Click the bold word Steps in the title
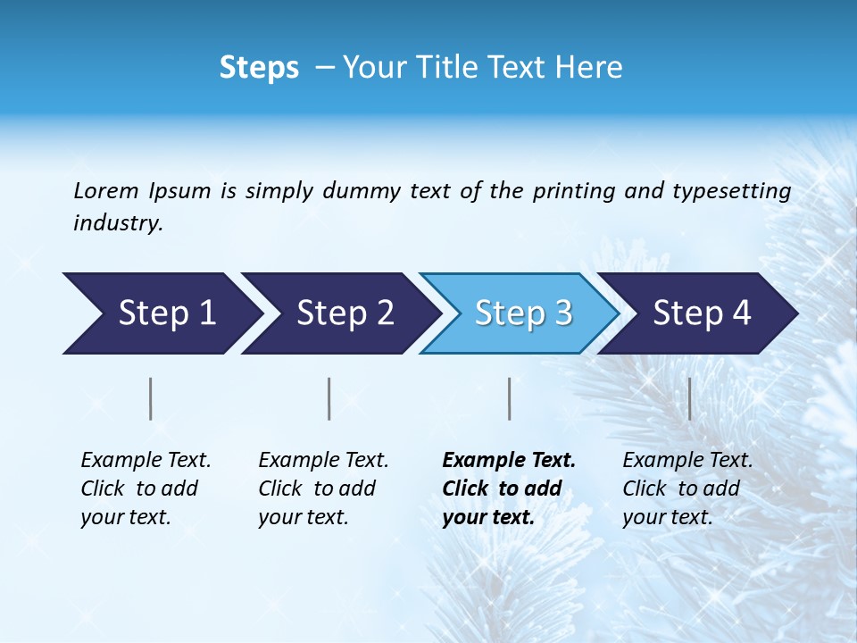[x=259, y=68]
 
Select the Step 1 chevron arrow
[x=161, y=313]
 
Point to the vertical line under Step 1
[x=151, y=398]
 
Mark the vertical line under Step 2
[x=329, y=398]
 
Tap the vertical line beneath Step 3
[x=509, y=398]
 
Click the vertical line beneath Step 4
[x=689, y=398]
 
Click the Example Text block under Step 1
[x=146, y=489]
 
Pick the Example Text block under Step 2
[x=323, y=489]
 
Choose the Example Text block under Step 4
[x=687, y=489]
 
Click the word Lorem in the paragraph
[x=106, y=191]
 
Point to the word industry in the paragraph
[x=118, y=223]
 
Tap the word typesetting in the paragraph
[x=731, y=191]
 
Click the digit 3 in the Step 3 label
[x=562, y=313]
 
